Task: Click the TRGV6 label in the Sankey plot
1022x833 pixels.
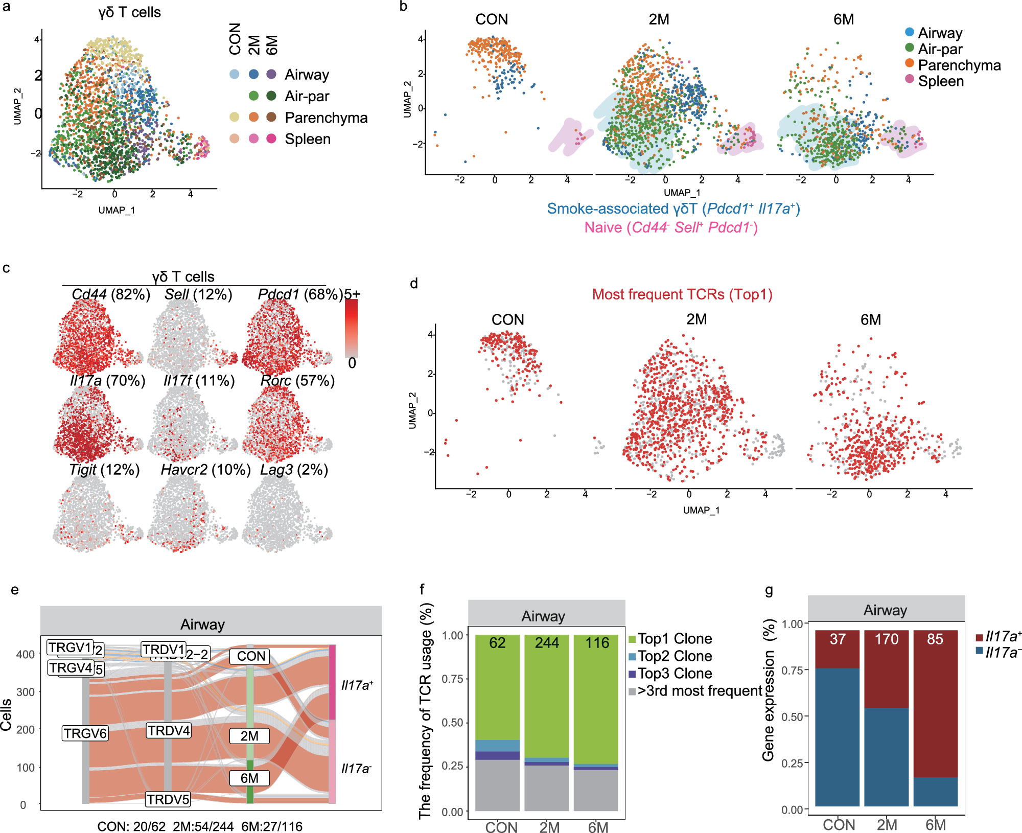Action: coord(85,733)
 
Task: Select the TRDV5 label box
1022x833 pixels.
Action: coord(168,799)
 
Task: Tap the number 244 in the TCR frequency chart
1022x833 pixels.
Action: coord(546,643)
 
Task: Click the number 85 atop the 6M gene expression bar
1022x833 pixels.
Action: coord(935,639)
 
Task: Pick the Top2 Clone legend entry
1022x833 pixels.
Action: coord(674,656)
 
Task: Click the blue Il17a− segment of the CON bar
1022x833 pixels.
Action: coord(837,736)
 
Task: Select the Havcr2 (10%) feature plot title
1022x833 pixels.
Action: coord(205,470)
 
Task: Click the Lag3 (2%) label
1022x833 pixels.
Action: coord(294,470)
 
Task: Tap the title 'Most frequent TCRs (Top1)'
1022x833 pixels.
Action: coord(682,294)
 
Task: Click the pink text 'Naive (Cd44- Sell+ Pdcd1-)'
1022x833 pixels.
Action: coord(670,227)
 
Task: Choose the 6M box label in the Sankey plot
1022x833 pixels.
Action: coord(249,778)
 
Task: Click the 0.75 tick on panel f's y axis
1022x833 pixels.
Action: coord(452,679)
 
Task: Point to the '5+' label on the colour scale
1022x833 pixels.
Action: coord(352,294)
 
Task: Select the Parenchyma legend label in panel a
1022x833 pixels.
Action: coord(326,118)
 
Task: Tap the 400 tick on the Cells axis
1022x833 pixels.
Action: coord(26,654)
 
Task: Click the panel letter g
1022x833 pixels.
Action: coord(769,591)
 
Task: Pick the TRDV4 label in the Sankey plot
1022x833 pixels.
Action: coord(169,731)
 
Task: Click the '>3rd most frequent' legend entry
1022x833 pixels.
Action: coord(699,691)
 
